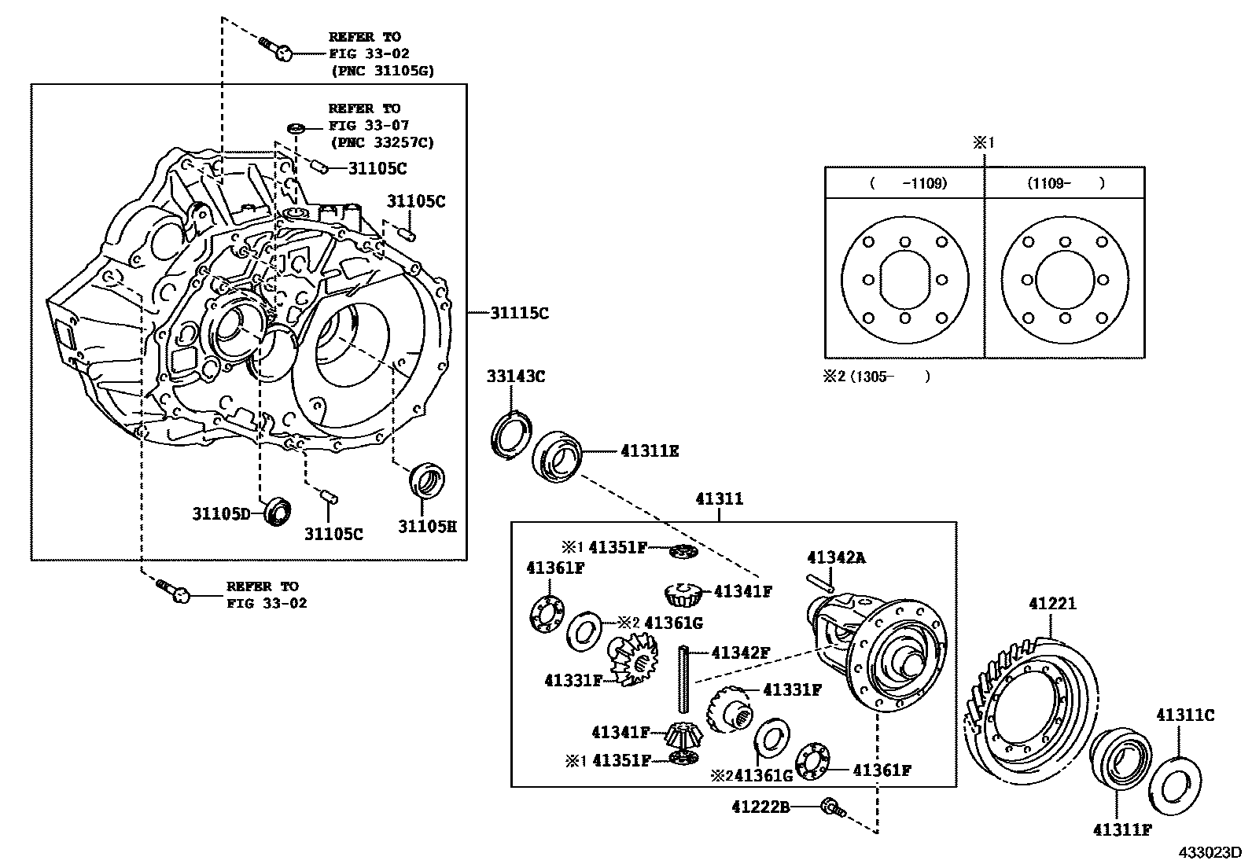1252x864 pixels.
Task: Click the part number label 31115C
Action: pos(519,313)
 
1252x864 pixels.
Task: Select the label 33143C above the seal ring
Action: pos(515,377)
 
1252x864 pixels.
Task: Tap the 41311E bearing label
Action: pos(650,451)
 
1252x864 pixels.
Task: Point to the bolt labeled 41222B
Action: pos(830,807)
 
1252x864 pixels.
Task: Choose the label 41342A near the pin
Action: pos(835,557)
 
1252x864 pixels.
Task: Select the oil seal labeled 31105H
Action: pos(427,481)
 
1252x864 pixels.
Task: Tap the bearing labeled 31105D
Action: pos(278,511)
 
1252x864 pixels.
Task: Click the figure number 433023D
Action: pos(1208,852)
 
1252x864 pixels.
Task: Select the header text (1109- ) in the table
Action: pos(1065,183)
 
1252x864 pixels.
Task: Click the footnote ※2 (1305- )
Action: pos(876,377)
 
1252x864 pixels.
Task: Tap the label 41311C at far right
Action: pos(1184,715)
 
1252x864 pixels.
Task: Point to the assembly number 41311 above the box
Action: pos(719,498)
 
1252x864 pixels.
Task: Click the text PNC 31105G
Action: pos(381,71)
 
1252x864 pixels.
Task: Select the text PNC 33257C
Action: pos(381,142)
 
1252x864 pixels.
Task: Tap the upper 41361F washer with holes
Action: pos(545,614)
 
